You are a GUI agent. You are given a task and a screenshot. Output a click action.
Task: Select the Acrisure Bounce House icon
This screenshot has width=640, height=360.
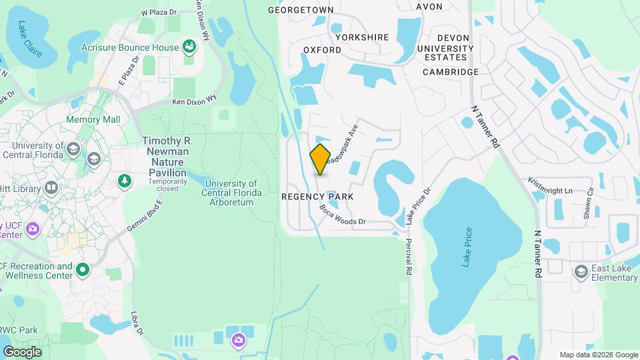coord(189,47)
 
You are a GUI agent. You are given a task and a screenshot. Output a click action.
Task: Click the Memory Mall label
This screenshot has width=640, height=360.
coord(93,119)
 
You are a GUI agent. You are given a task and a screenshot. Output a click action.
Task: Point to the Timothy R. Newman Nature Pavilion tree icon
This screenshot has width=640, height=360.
coord(124,180)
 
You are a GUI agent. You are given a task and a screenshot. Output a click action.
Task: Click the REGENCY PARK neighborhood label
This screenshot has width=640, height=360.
coord(317,197)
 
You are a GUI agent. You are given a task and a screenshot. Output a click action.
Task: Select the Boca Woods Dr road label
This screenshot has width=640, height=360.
coord(343,215)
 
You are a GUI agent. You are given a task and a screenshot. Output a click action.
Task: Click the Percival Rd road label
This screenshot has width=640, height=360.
coord(409,257)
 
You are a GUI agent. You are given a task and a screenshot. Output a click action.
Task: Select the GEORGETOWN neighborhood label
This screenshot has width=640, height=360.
coord(301,10)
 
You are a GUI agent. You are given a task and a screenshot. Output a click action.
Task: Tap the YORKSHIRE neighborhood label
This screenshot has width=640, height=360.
coord(362,38)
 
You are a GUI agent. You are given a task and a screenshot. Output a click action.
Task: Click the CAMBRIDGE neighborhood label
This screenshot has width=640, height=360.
coord(451,72)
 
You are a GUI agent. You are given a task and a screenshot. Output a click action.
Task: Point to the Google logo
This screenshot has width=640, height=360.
coord(22,351)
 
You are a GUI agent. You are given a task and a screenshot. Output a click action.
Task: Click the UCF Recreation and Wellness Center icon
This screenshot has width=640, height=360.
coord(83,270)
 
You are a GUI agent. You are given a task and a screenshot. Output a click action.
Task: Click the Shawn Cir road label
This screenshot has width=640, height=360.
coord(588,205)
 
